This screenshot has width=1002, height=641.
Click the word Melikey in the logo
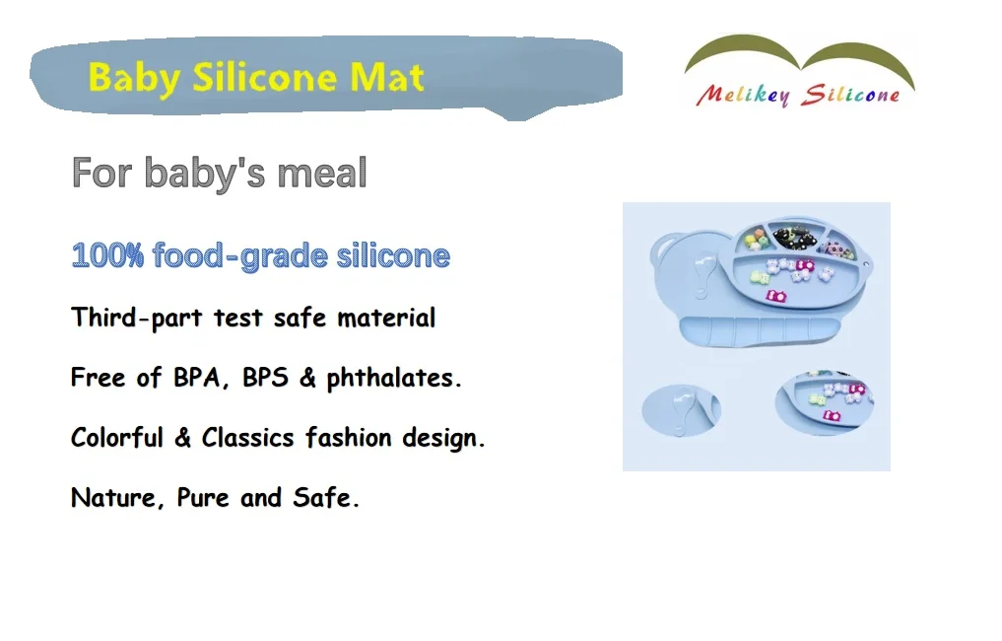pos(741,95)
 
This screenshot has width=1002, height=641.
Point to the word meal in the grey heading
pos(322,174)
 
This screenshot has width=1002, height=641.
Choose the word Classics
pos(249,438)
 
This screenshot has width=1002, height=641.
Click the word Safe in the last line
pos(325,498)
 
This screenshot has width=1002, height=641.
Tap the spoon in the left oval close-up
pos(679,407)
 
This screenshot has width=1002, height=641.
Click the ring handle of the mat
pos(666,247)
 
